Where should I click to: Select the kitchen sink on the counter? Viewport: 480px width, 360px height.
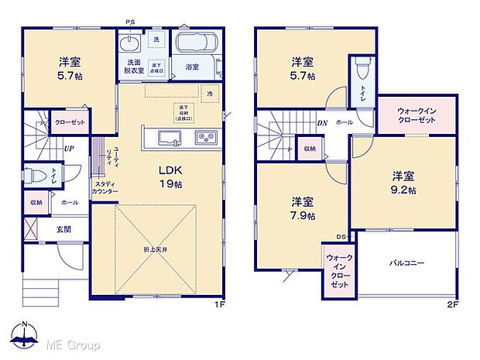170,138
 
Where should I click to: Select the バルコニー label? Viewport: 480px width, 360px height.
406,263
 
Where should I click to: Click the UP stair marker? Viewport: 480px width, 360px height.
70,149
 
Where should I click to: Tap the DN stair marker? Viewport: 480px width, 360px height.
320,122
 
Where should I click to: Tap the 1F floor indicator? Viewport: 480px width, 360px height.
221,303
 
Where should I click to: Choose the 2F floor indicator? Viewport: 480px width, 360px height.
452,303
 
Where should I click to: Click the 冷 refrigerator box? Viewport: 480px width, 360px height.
209,93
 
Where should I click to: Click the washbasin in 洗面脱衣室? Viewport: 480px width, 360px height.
129,41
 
